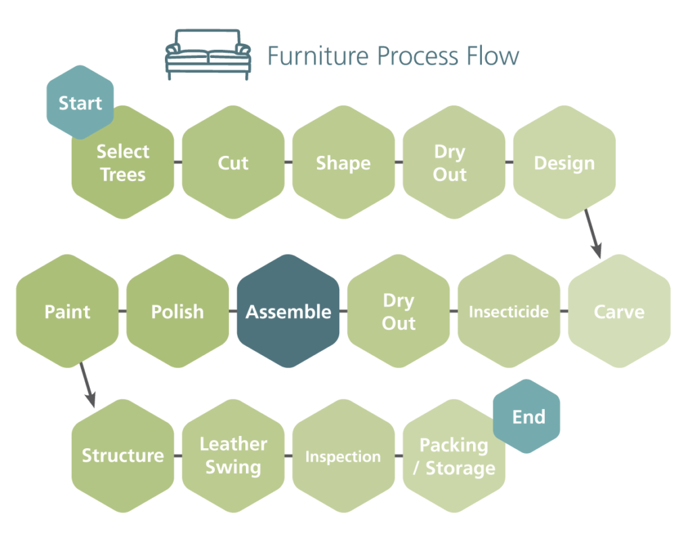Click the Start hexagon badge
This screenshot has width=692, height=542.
80,103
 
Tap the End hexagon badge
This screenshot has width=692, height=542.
528,416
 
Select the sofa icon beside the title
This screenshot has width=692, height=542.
208,54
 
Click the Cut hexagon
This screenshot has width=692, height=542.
233,163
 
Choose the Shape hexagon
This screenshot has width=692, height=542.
343,163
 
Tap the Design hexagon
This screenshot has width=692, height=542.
564,163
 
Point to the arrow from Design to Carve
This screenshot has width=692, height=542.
593,234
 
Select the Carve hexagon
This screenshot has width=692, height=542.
619,311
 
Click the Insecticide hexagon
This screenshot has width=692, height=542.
509,311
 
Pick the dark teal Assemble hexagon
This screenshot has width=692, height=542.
289,311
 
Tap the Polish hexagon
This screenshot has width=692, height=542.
178,311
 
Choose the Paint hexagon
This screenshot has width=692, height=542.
68,311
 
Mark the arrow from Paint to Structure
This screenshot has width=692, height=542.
86,385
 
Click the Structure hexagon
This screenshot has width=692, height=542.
123,456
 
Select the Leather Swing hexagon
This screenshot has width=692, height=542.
233,456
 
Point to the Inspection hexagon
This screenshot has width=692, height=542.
343,456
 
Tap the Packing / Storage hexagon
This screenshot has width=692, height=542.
453,459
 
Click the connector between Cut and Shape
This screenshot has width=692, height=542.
289,163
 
